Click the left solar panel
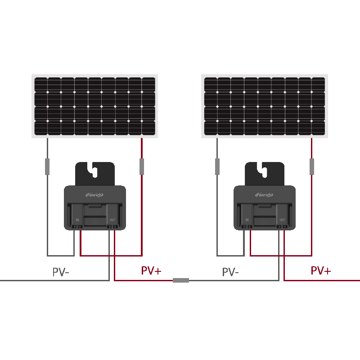click(x=94, y=106)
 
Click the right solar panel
click(x=265, y=106)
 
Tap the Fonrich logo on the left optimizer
click(x=94, y=195)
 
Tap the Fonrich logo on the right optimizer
click(x=265, y=195)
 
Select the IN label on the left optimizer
click(x=77, y=220)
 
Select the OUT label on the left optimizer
click(x=112, y=220)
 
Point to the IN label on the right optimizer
click(x=247, y=220)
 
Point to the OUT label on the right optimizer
click(x=282, y=220)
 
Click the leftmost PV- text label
click(x=61, y=272)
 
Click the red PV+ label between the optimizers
click(x=151, y=271)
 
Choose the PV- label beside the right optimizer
click(x=230, y=272)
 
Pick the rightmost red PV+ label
click(x=321, y=271)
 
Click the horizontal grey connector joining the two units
click(x=181, y=280)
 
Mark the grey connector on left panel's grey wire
click(x=47, y=166)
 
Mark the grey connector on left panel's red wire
click(x=142, y=166)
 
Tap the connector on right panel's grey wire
click(x=217, y=166)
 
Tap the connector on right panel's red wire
click(x=311, y=166)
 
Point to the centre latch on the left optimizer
click(x=94, y=207)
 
